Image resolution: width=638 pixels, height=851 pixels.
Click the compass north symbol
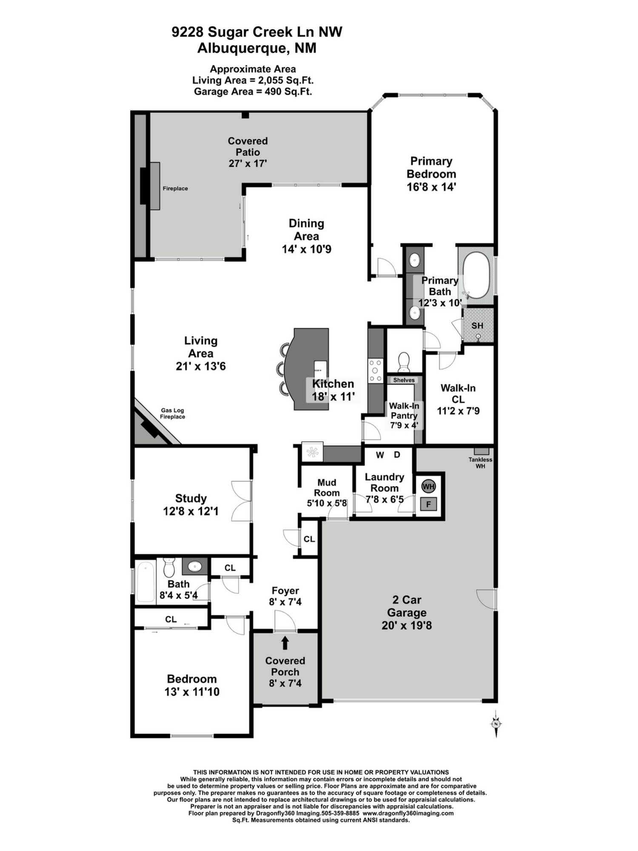[496, 724]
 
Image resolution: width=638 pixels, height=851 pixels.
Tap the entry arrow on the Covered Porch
[285, 643]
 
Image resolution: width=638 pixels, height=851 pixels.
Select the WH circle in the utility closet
[428, 486]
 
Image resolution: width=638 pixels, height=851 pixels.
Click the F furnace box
[428, 504]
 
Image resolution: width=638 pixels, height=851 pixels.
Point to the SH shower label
[477, 326]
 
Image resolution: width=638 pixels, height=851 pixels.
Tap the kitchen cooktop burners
[376, 371]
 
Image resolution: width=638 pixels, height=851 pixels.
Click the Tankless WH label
[480, 463]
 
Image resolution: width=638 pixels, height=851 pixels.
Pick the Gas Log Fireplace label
[172, 414]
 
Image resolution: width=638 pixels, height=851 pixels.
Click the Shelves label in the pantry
[404, 380]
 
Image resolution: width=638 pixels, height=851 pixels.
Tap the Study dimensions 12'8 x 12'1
[191, 511]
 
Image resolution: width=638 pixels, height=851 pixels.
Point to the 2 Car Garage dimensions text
[407, 625]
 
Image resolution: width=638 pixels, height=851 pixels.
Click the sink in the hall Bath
[195, 566]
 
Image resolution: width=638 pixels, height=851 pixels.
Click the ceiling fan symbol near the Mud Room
[313, 452]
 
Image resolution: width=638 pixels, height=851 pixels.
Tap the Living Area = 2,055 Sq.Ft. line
[253, 80]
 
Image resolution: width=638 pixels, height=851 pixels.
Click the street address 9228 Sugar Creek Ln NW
[257, 32]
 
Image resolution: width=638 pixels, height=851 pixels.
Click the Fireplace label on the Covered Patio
[175, 188]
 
